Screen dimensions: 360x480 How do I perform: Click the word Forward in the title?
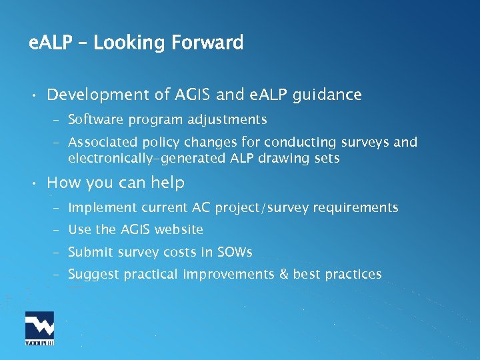(207, 43)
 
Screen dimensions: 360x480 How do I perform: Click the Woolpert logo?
(39, 328)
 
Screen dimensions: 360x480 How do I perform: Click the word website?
(178, 230)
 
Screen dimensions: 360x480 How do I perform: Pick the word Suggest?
(91, 274)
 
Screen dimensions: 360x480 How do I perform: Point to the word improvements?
(227, 274)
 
